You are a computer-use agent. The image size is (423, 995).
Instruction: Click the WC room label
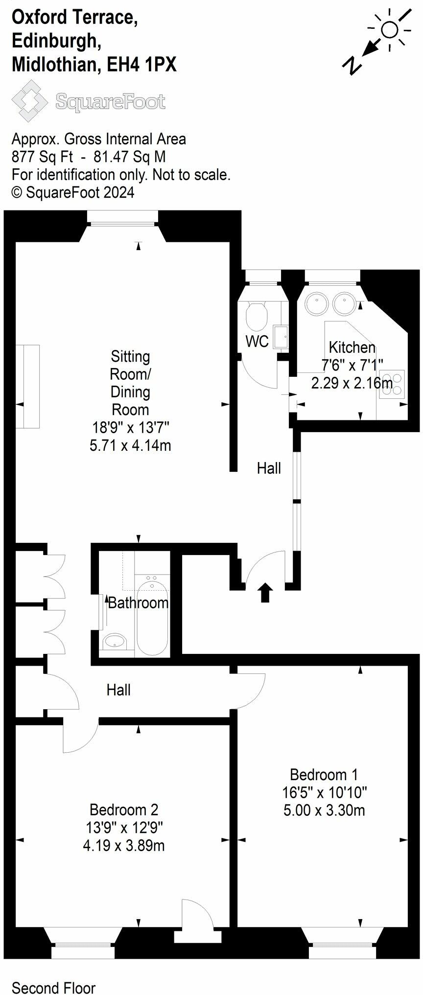[257, 341]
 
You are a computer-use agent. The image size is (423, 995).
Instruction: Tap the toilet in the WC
[256, 316]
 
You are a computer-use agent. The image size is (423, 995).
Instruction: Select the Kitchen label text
[352, 347]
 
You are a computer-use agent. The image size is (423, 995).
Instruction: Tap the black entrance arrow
[265, 592]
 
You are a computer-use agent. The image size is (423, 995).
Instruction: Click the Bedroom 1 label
[324, 774]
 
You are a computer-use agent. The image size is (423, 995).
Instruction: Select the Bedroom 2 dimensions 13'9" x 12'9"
[124, 828]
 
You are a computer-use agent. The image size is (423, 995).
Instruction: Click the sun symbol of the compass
[390, 30]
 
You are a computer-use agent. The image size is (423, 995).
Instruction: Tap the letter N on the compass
[352, 65]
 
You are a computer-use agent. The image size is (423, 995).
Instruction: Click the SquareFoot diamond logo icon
[29, 101]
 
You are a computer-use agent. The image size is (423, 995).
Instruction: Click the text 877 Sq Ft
[42, 157]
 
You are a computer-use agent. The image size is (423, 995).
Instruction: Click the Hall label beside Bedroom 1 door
[118, 690]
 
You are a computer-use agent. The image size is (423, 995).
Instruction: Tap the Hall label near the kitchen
[269, 468]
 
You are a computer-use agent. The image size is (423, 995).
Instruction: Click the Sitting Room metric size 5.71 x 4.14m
[130, 445]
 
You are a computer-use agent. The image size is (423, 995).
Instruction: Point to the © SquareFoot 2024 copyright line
[72, 192]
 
